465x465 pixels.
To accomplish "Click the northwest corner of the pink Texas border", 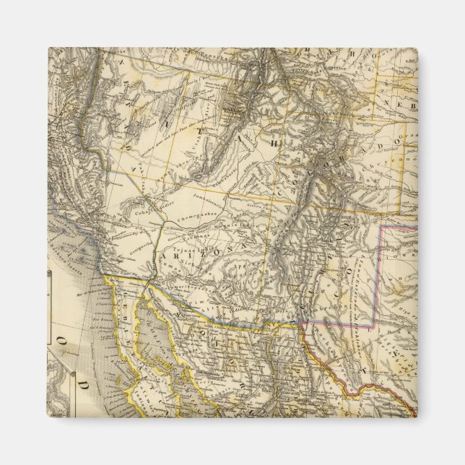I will [381, 226].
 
